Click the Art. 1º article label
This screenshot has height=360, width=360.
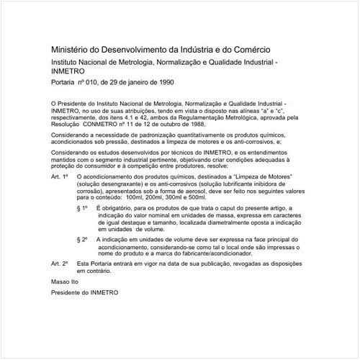[x=60, y=176]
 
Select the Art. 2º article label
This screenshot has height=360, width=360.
[x=60, y=266]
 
